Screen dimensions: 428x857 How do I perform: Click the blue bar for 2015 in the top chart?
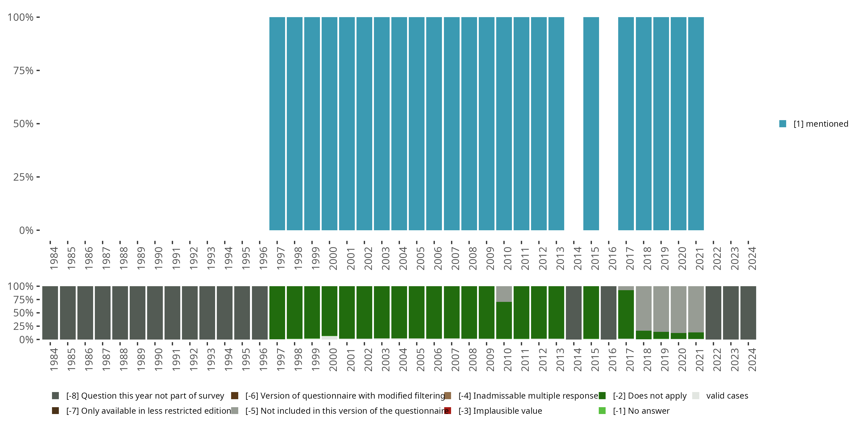point(591,124)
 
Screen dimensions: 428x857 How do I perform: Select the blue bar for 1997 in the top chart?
point(277,124)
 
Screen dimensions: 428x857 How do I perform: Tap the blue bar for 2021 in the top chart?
point(696,124)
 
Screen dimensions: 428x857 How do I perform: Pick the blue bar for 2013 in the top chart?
point(556,124)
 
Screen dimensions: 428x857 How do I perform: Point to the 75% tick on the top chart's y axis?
point(23,70)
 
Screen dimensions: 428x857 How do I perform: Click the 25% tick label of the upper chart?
point(23,177)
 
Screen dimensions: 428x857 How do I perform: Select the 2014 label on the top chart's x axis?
point(578,258)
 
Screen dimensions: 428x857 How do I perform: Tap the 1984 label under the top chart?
point(54,258)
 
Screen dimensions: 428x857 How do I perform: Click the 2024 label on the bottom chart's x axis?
point(752,360)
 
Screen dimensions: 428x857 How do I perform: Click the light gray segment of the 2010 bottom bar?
point(504,294)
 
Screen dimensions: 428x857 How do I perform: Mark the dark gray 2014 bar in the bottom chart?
point(574,313)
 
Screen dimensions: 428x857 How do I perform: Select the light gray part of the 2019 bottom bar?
point(661,309)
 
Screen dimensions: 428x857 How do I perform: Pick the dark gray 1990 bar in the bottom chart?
point(155,313)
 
